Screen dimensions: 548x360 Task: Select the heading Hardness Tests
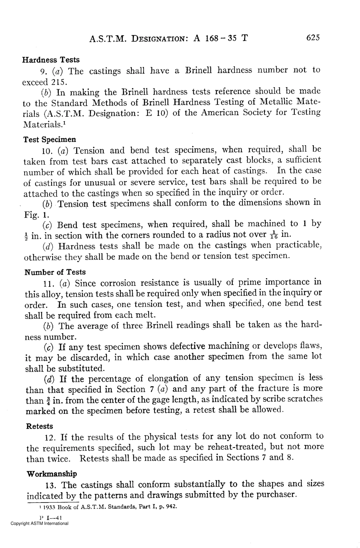[51, 60]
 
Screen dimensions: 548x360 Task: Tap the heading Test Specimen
[50, 139]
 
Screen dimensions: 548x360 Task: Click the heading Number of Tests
[55, 272]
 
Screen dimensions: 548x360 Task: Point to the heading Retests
[40, 426]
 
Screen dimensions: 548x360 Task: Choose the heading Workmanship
[52, 474]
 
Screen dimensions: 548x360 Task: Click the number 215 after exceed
[60, 81]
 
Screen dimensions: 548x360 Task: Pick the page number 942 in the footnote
[172, 507]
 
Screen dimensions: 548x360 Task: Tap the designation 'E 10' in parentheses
[157, 113]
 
